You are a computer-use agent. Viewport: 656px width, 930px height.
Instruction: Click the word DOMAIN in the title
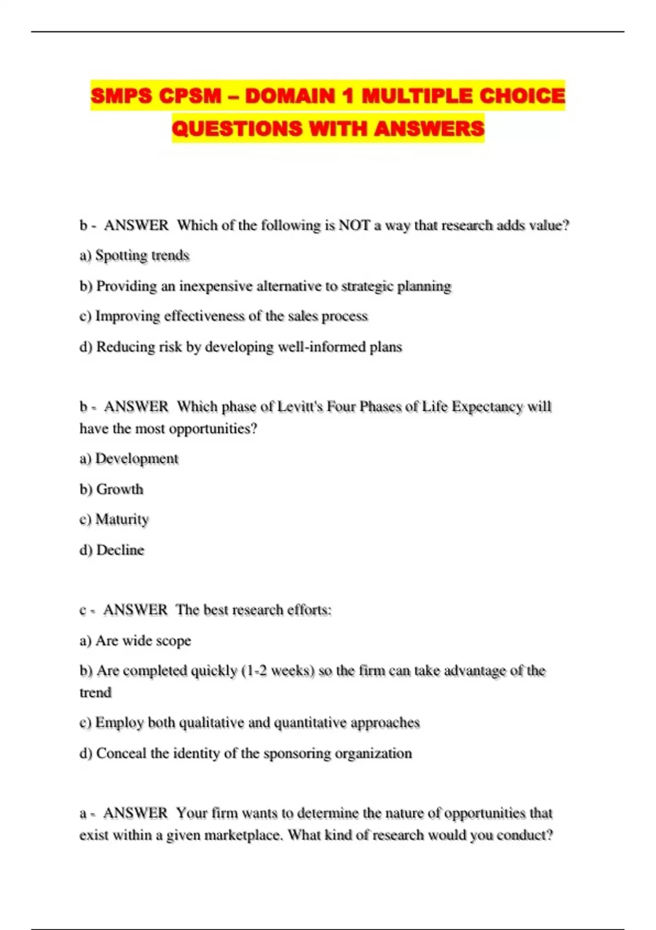pyautogui.click(x=290, y=96)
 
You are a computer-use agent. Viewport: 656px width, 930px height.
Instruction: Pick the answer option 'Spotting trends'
pyautogui.click(x=142, y=255)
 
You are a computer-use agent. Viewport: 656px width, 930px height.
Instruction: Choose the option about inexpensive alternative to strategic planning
pyautogui.click(x=273, y=286)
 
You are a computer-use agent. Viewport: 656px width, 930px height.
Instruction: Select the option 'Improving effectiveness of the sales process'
pyautogui.click(x=231, y=316)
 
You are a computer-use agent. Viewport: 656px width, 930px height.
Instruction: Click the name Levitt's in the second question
pyautogui.click(x=300, y=407)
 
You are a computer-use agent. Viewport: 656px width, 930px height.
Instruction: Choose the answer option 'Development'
pyautogui.click(x=137, y=458)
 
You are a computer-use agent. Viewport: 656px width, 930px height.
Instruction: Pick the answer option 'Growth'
pyautogui.click(x=119, y=489)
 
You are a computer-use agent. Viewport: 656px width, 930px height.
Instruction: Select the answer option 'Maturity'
pyautogui.click(x=122, y=519)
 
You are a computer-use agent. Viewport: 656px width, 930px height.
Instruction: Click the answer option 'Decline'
pyautogui.click(x=120, y=550)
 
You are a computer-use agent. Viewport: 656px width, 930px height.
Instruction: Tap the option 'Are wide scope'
pyautogui.click(x=143, y=641)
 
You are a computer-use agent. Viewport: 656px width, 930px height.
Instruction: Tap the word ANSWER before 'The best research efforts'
pyautogui.click(x=135, y=610)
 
